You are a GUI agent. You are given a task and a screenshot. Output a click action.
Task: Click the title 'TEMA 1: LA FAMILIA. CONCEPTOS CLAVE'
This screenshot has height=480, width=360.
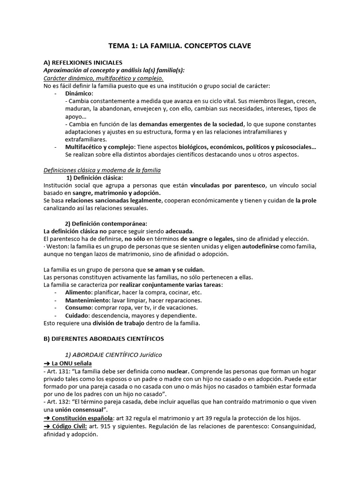pyautogui.click(x=180, y=46)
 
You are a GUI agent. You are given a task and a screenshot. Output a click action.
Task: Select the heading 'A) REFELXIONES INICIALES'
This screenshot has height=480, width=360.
pyautogui.click(x=83, y=62)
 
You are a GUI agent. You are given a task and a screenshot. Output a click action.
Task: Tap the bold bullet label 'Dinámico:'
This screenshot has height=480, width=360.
pyautogui.click(x=79, y=94)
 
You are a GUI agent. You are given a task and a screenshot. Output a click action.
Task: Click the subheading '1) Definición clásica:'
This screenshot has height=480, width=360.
pyautogui.click(x=94, y=178)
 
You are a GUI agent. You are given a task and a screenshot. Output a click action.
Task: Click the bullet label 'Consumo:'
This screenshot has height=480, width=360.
pyautogui.click(x=79, y=308)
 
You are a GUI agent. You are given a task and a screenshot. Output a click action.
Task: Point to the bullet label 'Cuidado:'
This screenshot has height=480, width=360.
pyautogui.click(x=78, y=315)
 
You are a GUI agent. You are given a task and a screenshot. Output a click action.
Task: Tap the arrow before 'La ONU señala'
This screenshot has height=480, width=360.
pyautogui.click(x=47, y=363)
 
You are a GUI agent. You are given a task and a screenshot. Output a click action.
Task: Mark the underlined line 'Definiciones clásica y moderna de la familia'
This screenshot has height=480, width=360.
pyautogui.click(x=102, y=170)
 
